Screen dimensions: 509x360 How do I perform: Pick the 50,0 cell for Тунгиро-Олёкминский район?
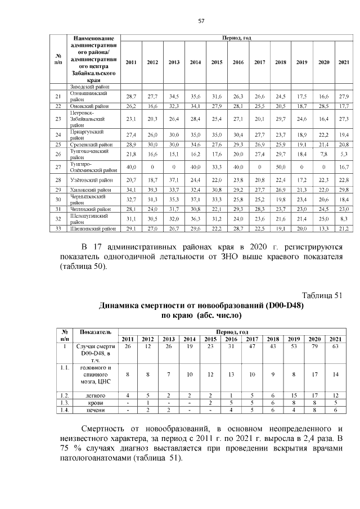280,167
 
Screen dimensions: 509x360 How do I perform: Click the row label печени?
96,411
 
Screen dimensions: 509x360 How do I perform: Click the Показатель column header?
96,332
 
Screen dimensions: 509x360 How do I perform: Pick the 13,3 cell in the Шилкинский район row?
323,229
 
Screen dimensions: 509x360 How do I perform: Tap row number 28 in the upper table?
58,179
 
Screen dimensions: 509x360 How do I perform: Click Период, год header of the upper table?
237,38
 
